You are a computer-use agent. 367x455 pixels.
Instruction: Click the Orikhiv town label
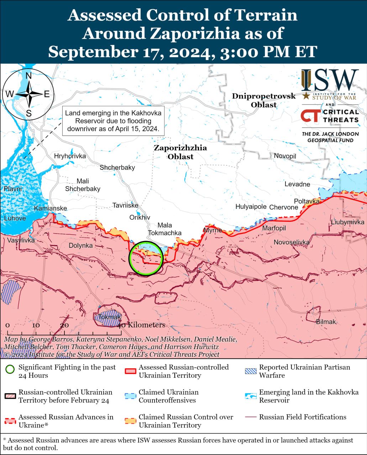[x=140, y=218]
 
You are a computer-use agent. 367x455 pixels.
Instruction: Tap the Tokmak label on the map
[x=110, y=317]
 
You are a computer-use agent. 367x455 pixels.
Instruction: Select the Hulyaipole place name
[x=251, y=207]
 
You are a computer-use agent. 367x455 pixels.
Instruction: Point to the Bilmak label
[x=326, y=322]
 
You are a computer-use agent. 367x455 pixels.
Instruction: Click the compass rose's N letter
[x=29, y=76]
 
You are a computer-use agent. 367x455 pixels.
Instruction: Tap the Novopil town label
[x=285, y=156]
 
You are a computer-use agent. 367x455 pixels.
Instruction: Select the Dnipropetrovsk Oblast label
[x=264, y=100]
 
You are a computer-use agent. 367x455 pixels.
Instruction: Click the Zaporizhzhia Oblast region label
[x=180, y=152]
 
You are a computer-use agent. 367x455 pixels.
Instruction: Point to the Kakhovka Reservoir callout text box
[x=113, y=121]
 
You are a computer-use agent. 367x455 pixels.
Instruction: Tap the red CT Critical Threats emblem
[x=309, y=116]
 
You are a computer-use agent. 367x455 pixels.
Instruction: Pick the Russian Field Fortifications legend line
[x=251, y=417]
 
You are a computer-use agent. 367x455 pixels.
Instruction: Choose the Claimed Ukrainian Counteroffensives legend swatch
[x=130, y=396]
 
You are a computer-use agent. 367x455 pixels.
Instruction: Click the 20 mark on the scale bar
[x=64, y=325]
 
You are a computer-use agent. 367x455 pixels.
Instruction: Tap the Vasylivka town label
[x=21, y=240]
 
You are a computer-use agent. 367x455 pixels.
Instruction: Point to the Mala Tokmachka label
[x=164, y=229]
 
